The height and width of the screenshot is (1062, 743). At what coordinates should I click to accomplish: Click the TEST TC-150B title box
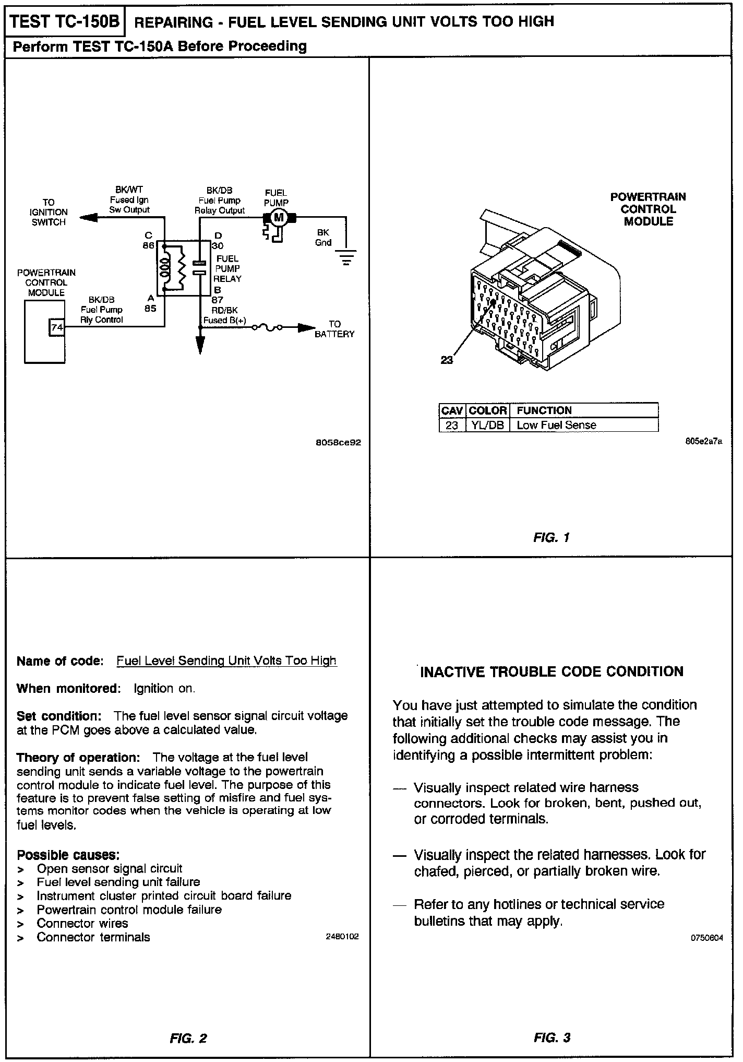point(65,21)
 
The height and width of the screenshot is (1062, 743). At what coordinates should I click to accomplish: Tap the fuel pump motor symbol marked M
point(279,217)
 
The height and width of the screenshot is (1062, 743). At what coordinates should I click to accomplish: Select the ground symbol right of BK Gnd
point(346,257)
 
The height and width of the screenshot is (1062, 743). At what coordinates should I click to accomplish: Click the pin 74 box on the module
point(56,327)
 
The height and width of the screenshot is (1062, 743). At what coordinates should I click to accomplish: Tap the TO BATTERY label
point(334,329)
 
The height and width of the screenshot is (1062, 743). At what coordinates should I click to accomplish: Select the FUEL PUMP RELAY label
point(227,268)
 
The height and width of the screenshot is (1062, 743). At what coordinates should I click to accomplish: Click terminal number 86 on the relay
point(148,245)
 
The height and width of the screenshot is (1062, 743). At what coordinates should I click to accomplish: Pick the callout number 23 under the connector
point(447,360)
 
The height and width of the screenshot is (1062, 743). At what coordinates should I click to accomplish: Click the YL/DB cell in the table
point(487,425)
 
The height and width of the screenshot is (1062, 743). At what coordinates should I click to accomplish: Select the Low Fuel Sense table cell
point(556,425)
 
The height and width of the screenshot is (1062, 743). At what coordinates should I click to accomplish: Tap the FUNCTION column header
point(544,410)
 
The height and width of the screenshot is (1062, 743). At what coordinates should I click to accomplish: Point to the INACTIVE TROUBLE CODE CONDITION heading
point(552,671)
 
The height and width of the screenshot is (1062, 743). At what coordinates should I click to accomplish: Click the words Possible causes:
point(68,855)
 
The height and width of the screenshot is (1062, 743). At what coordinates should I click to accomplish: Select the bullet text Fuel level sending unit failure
point(118,882)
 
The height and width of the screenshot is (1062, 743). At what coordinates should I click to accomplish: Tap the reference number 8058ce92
point(338,442)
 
